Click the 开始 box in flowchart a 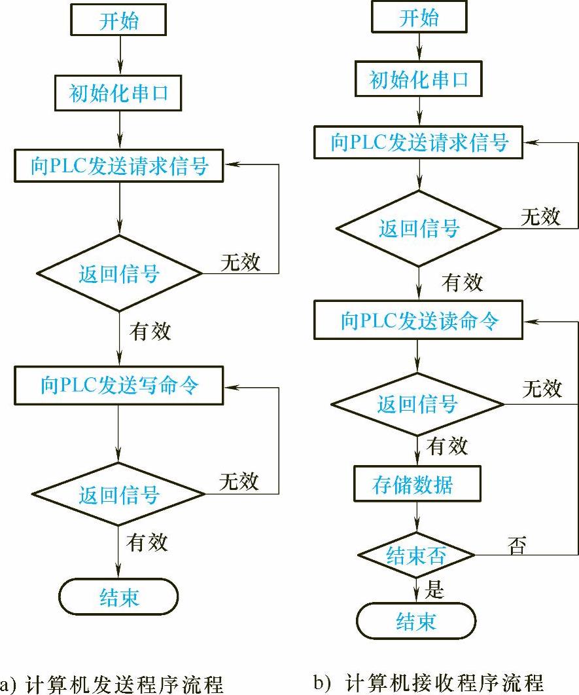(119, 21)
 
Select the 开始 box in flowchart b (419, 18)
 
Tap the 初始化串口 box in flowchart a (119, 94)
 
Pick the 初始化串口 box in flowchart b (419, 81)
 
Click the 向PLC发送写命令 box (119, 385)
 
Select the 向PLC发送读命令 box (419, 321)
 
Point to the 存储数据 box (417, 485)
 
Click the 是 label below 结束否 (434, 590)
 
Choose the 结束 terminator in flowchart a (119, 597)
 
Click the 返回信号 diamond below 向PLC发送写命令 (119, 495)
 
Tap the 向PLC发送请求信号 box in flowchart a (119, 166)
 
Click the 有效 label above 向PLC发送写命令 (150, 331)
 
